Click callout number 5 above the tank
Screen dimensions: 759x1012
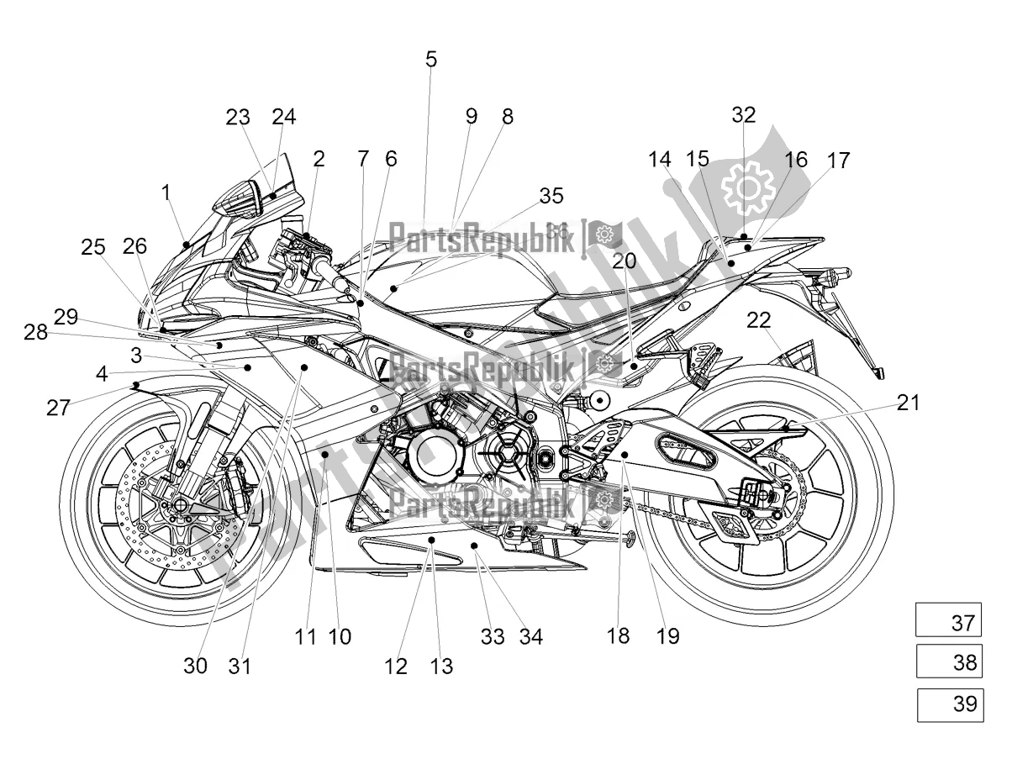pos(431,59)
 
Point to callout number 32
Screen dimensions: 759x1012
pos(743,115)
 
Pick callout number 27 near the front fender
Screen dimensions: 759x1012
pos(58,408)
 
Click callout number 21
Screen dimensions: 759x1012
pos(908,403)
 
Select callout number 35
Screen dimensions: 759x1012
pos(551,196)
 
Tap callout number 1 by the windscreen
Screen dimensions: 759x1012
pos(166,192)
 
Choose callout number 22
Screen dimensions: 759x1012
pos(758,319)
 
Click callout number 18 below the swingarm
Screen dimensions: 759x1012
pos(618,636)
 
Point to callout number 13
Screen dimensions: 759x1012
pos(441,666)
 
